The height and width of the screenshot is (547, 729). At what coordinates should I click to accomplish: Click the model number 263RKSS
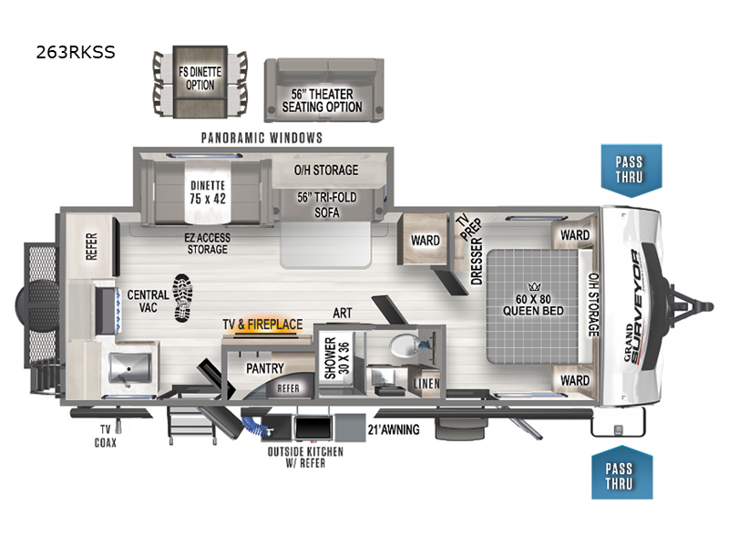click(76, 52)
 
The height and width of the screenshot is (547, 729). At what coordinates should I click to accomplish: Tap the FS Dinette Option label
click(200, 78)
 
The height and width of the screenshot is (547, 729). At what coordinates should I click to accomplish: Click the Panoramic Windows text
click(262, 139)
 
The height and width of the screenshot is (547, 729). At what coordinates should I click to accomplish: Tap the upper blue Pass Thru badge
click(628, 169)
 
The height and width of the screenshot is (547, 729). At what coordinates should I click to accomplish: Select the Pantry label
click(265, 368)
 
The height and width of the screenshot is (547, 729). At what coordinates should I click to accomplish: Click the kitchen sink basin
click(128, 369)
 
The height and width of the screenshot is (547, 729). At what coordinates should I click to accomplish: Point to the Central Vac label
click(147, 302)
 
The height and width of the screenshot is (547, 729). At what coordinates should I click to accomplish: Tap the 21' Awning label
click(393, 429)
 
